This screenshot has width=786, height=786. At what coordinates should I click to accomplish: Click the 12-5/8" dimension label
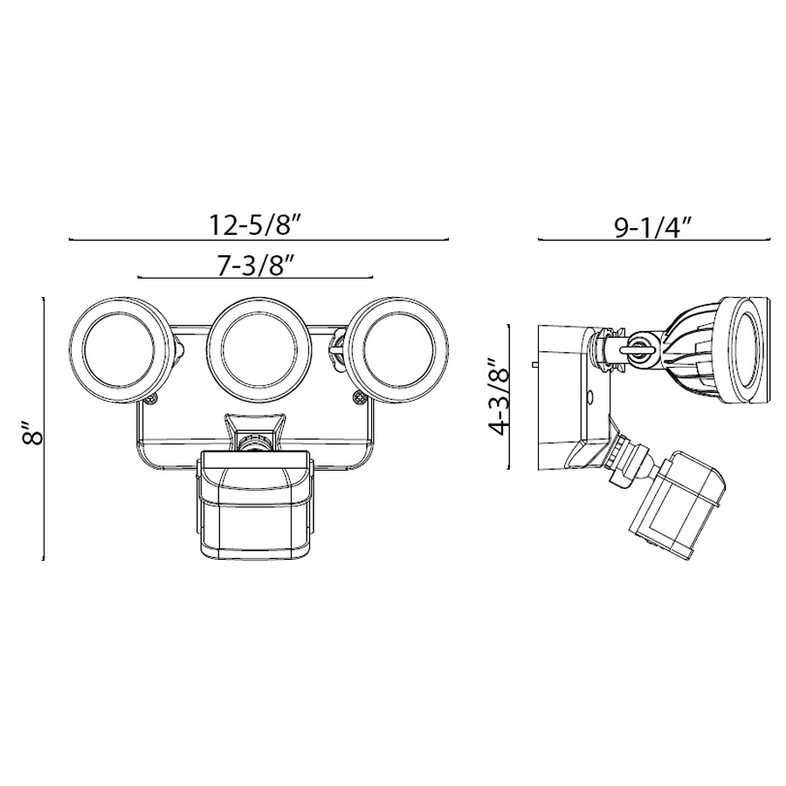click(x=255, y=224)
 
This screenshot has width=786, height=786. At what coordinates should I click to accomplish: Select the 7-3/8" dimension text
click(x=254, y=266)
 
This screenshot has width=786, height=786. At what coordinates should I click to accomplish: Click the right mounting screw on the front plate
click(x=359, y=399)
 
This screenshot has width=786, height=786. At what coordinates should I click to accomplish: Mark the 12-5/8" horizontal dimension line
click(x=258, y=239)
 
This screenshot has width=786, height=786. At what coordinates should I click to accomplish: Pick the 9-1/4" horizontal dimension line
click(x=654, y=239)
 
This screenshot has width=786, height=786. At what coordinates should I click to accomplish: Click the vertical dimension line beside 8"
click(x=45, y=428)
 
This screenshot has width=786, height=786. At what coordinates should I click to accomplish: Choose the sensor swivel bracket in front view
click(x=255, y=432)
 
